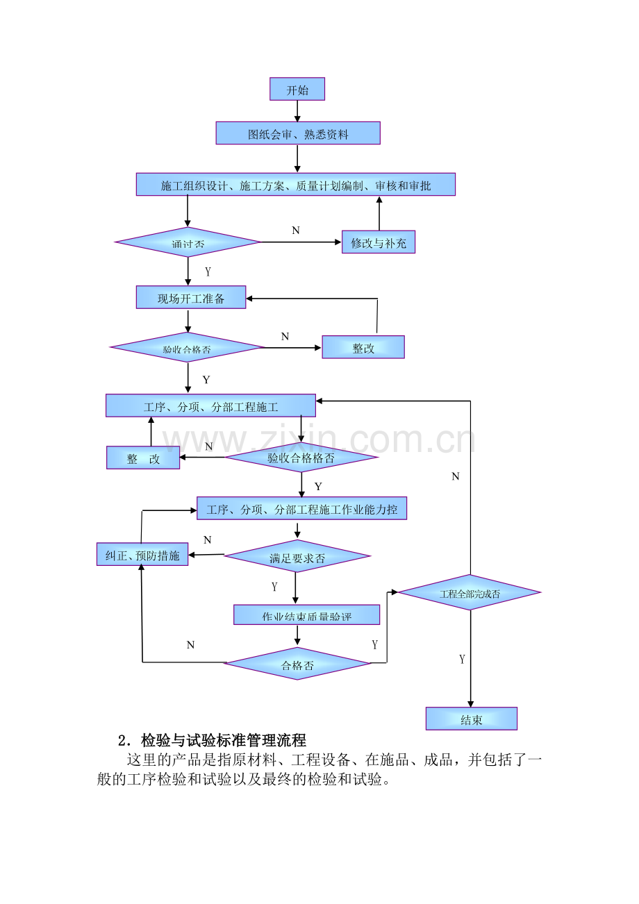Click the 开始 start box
pyautogui.click(x=297, y=90)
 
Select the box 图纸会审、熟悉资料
pyautogui.click(x=298, y=133)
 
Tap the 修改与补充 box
pyautogui.click(x=379, y=242)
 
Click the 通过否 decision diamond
pyautogui.click(x=188, y=242)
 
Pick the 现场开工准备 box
pyautogui.click(x=191, y=298)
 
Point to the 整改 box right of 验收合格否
pyautogui.click(x=363, y=347)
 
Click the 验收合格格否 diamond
pyautogui.click(x=301, y=457)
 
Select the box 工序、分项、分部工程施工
pyautogui.click(x=210, y=406)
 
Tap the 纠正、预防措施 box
pyautogui.click(x=142, y=555)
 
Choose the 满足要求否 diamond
pyautogui.click(x=297, y=557)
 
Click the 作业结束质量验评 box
pyautogui.click(x=306, y=615)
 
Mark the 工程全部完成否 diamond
pyautogui.click(x=470, y=593)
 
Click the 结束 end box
pyautogui.click(x=472, y=719)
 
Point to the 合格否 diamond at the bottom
pyautogui.click(x=297, y=664)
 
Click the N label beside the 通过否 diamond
pyautogui.click(x=296, y=231)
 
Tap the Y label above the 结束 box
pyautogui.click(x=462, y=659)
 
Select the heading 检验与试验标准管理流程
pyautogui.click(x=223, y=740)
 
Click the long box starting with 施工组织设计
pyautogui.click(x=296, y=185)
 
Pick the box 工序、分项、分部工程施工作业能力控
pyautogui.click(x=302, y=509)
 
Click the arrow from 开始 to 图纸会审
pyautogui.click(x=297, y=111)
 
